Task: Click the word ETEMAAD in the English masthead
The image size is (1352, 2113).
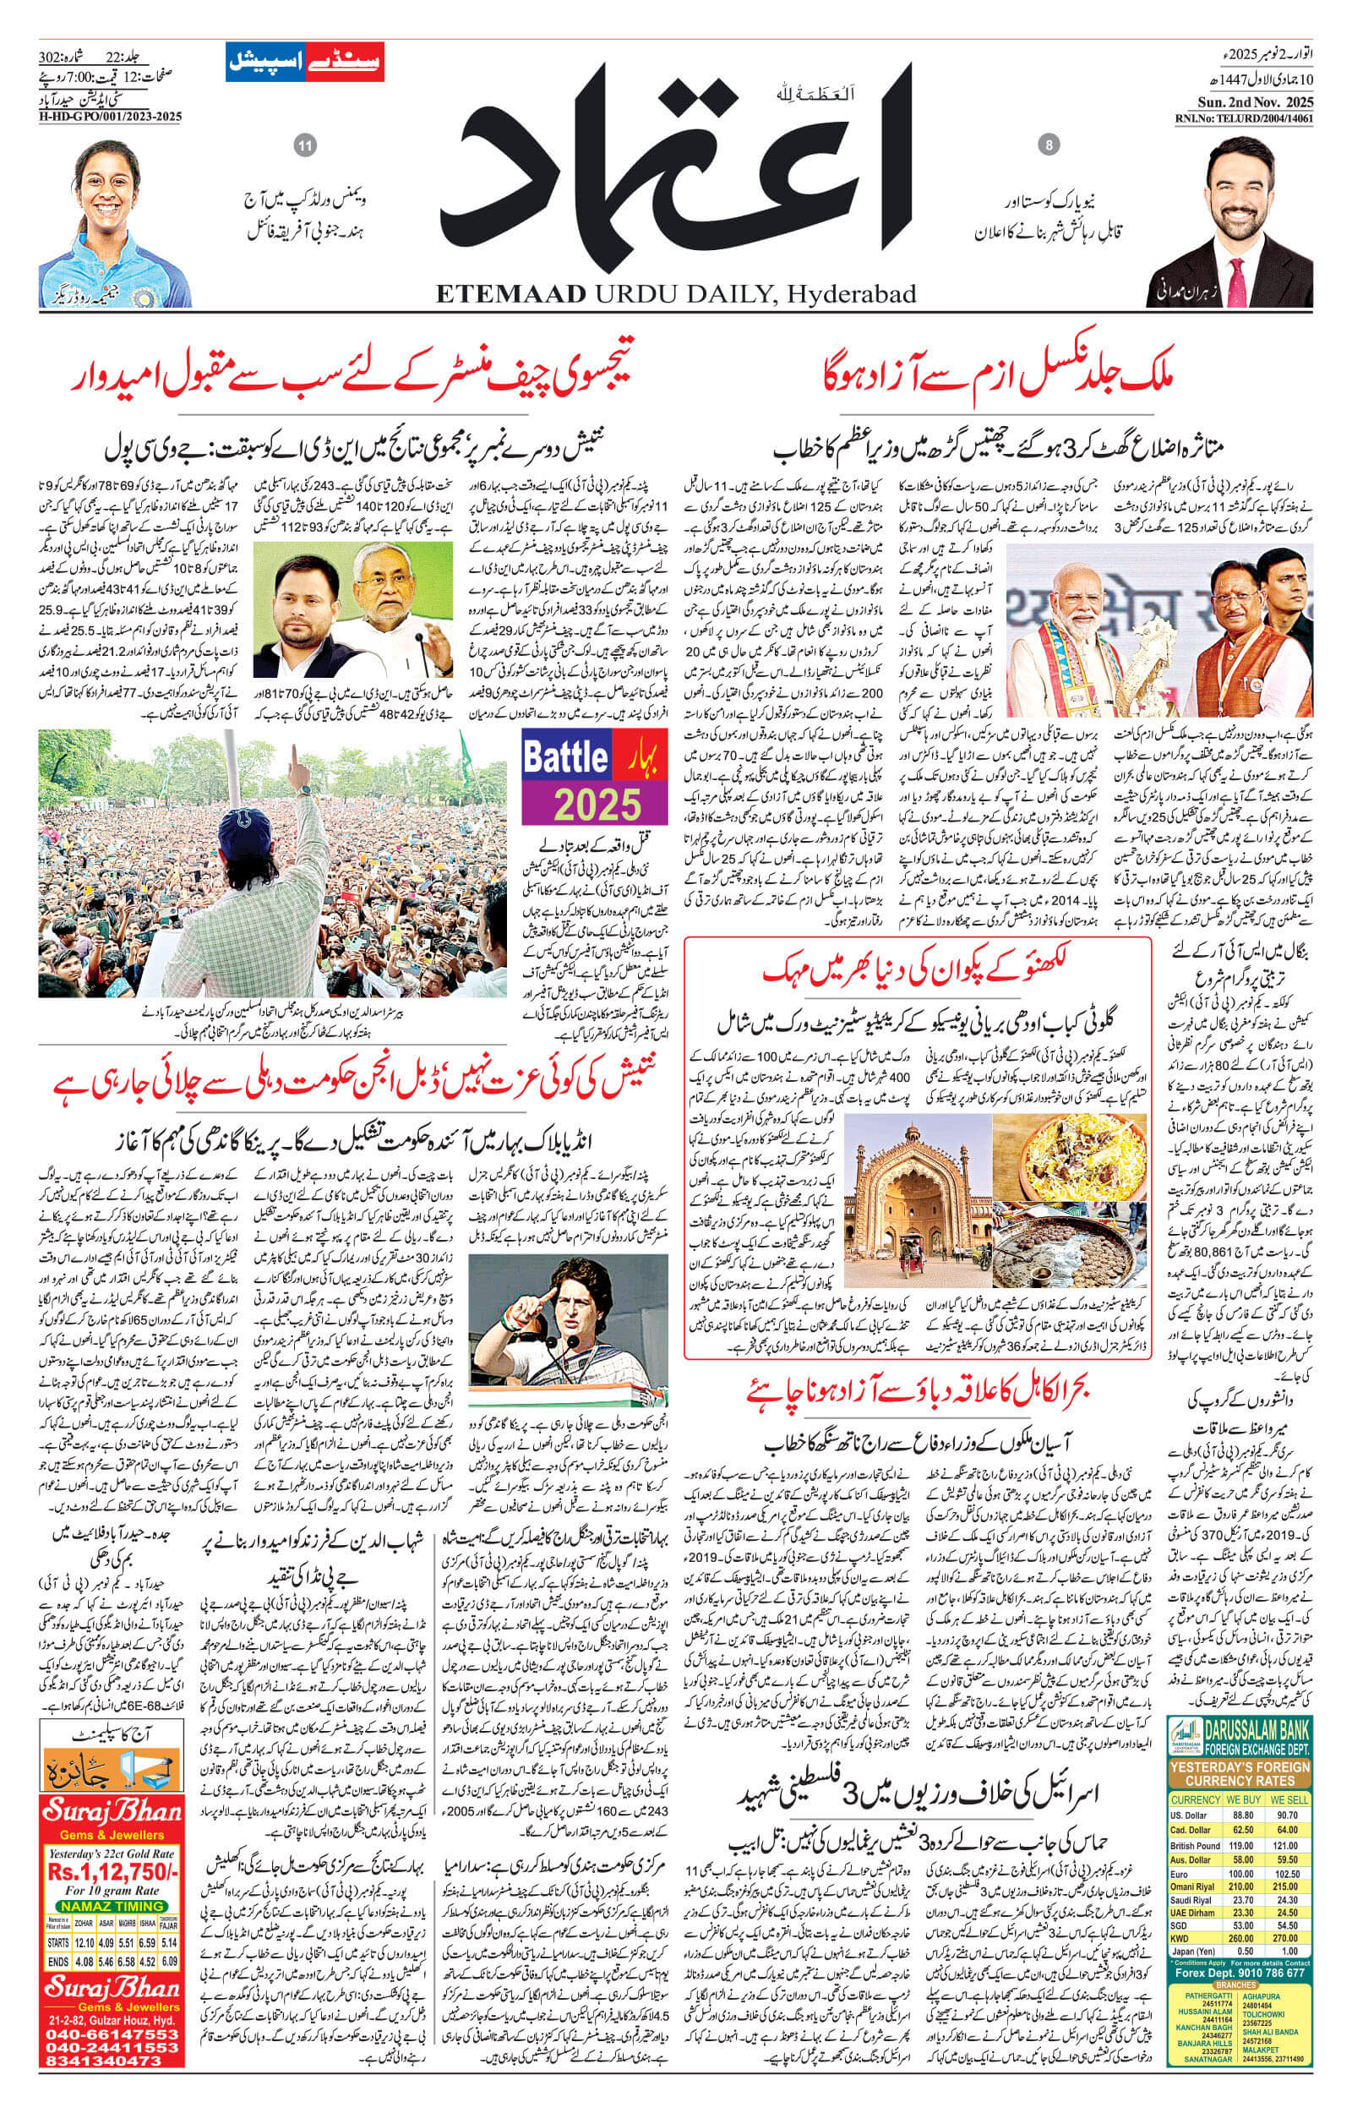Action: [x=509, y=293]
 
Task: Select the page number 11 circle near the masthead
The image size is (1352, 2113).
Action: [x=306, y=145]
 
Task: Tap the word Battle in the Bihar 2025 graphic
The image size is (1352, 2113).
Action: [x=565, y=756]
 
